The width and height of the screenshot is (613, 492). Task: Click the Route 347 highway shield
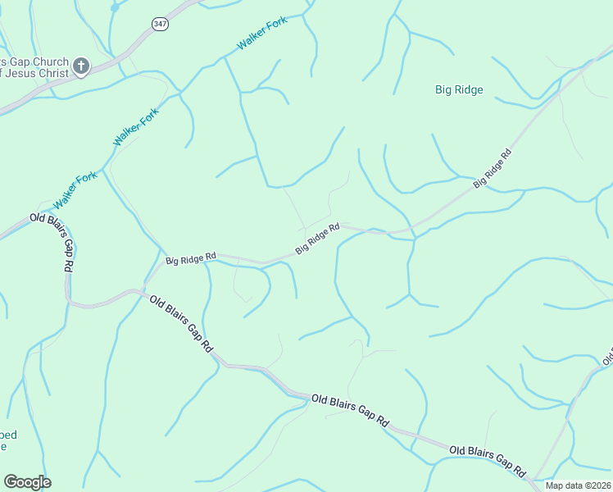[160, 25]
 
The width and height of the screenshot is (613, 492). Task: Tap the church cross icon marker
[81, 66]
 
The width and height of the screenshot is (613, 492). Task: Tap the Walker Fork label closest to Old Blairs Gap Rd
[75, 190]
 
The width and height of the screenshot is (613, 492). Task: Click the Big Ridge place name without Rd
[459, 90]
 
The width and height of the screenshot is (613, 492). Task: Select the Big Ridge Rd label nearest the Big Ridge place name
[493, 169]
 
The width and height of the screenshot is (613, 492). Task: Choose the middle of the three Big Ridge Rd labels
[318, 239]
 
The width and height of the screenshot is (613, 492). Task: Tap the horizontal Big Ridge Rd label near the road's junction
[190, 259]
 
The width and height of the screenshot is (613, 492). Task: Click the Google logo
[27, 482]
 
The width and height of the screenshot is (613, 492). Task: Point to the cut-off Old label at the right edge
[607, 358]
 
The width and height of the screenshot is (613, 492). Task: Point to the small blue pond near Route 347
[114, 7]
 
